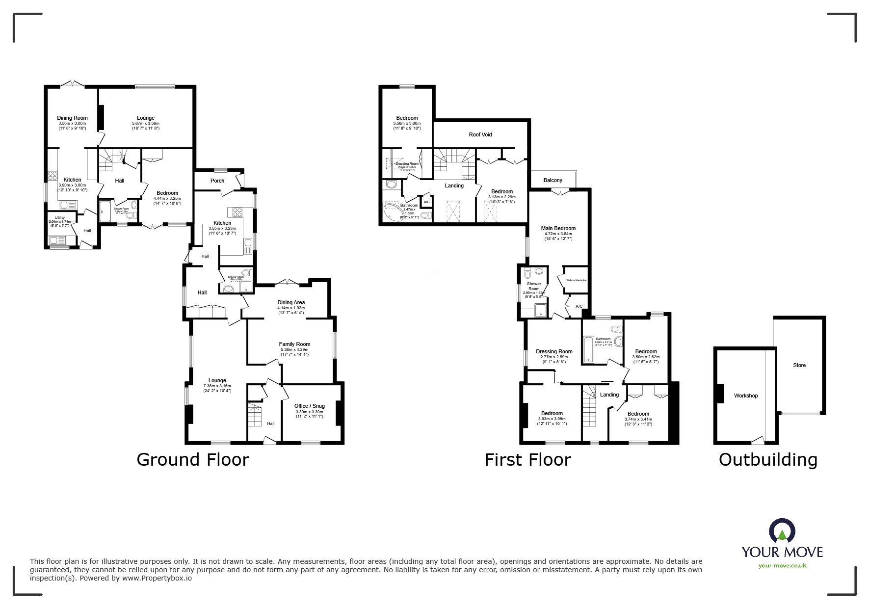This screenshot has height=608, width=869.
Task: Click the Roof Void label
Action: (x=480, y=134)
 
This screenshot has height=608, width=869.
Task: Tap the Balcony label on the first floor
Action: (x=553, y=181)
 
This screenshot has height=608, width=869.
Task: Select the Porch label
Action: (x=217, y=181)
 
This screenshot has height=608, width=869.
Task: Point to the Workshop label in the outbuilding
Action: (x=745, y=396)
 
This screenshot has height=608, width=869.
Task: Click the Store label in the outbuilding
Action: (x=799, y=365)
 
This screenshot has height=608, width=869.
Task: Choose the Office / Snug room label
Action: (x=309, y=406)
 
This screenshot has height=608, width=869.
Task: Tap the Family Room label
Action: (x=294, y=344)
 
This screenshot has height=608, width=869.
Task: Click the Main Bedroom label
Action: (x=558, y=228)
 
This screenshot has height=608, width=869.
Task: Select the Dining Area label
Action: (x=291, y=302)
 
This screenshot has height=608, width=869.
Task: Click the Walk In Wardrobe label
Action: (x=576, y=281)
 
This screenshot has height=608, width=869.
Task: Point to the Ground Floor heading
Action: (x=192, y=460)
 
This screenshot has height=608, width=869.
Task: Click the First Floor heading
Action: (x=527, y=460)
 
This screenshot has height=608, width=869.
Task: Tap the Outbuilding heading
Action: (x=768, y=460)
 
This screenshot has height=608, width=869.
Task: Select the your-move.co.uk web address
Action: (x=782, y=566)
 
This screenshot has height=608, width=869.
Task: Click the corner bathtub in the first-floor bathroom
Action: (x=393, y=213)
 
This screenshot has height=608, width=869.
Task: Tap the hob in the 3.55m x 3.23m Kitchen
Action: (x=236, y=212)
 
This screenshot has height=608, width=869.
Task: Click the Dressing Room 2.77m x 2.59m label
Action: (x=553, y=351)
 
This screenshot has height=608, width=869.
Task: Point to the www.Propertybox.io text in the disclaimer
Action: (x=157, y=578)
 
